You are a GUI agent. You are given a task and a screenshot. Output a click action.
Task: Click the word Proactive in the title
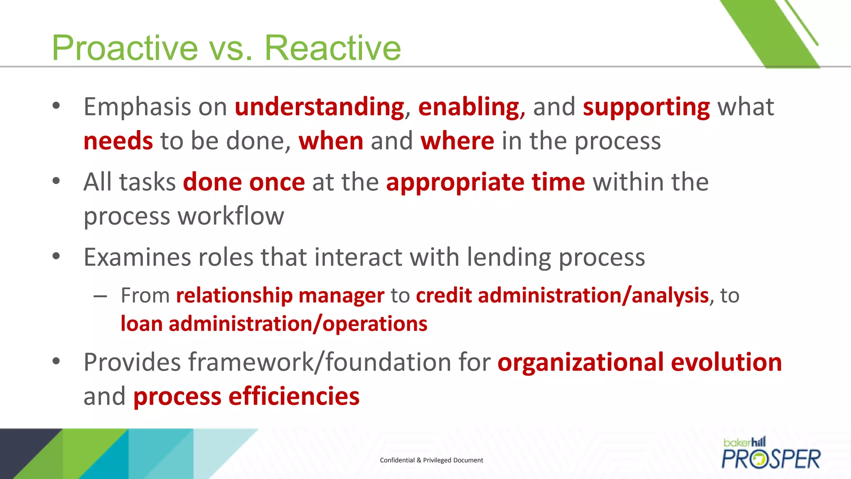tap(125, 48)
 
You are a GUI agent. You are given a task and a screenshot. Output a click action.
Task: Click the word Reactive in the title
tap(332, 48)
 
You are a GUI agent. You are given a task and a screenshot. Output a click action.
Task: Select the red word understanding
tap(319, 107)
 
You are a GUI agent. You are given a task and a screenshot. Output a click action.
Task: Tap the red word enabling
tap(469, 107)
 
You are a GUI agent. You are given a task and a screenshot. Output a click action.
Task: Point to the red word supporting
tap(646, 107)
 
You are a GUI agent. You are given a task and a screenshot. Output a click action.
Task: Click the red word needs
tap(118, 141)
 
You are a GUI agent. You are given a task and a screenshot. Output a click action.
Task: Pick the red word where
tap(457, 141)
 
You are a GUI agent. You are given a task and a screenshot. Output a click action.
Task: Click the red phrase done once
tap(244, 182)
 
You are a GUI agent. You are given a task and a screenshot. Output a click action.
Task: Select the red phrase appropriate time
tap(485, 182)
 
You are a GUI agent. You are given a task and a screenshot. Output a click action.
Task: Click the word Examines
tap(138, 257)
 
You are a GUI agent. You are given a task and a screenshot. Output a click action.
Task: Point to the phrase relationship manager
tap(280, 296)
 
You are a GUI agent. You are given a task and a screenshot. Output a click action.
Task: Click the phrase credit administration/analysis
tap(562, 296)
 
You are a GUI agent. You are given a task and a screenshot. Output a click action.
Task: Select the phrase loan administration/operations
tap(273, 324)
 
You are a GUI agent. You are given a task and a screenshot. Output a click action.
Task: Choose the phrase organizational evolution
tap(639, 362)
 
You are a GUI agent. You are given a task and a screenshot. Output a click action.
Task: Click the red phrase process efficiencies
tap(246, 396)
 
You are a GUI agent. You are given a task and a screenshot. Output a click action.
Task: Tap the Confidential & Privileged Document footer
tap(431, 460)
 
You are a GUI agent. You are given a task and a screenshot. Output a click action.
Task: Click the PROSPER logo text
tap(771, 459)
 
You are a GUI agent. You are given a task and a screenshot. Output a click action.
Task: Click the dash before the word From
tap(100, 296)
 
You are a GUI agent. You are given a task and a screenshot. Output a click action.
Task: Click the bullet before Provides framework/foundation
tap(57, 361)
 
